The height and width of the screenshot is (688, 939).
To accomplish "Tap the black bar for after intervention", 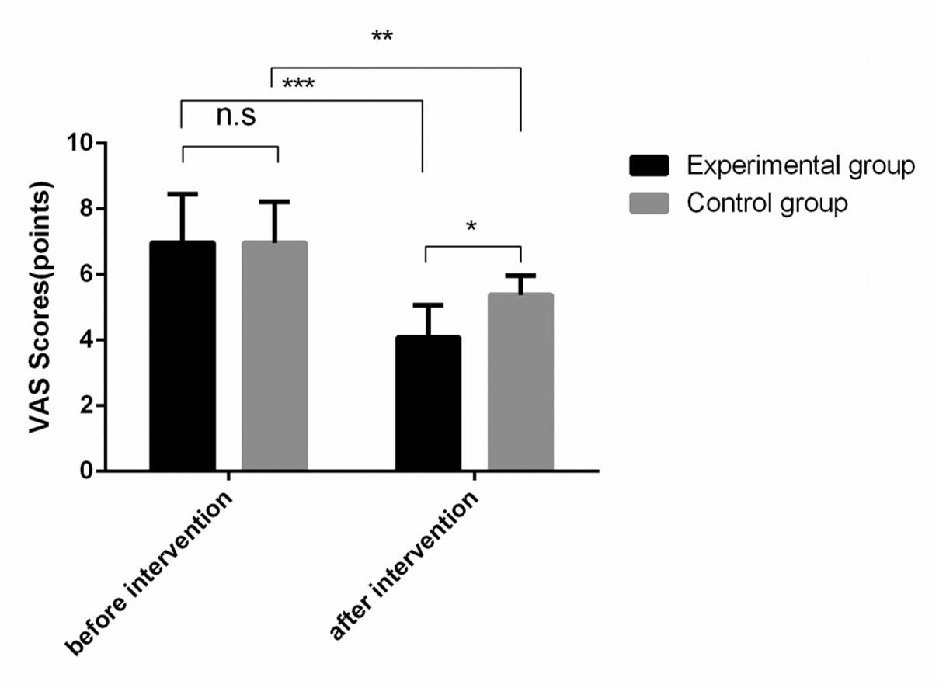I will (428, 403).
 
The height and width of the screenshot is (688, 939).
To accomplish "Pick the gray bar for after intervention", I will (520, 381).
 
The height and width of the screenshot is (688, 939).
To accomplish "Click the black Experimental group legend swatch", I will (649, 165).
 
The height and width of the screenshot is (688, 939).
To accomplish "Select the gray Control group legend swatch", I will (649, 203).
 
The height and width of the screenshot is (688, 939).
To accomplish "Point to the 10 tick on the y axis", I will (80, 144).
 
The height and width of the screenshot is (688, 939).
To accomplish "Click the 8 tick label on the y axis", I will (85, 209).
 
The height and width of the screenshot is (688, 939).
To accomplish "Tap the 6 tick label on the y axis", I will (85, 275).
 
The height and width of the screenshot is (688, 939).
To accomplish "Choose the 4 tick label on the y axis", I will (85, 340).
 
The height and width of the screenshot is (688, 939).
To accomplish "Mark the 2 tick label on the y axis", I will (85, 405).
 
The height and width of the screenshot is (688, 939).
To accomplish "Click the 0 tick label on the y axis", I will (85, 471).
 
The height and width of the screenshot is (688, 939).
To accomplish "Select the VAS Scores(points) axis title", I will (42, 307).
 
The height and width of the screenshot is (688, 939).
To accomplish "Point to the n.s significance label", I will (235, 116).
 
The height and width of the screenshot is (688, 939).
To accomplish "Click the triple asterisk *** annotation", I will (298, 84).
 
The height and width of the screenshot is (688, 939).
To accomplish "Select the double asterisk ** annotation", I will (381, 36).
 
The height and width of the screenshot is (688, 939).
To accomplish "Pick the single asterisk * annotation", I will (471, 228).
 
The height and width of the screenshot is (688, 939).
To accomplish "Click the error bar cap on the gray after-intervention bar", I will (520, 276).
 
